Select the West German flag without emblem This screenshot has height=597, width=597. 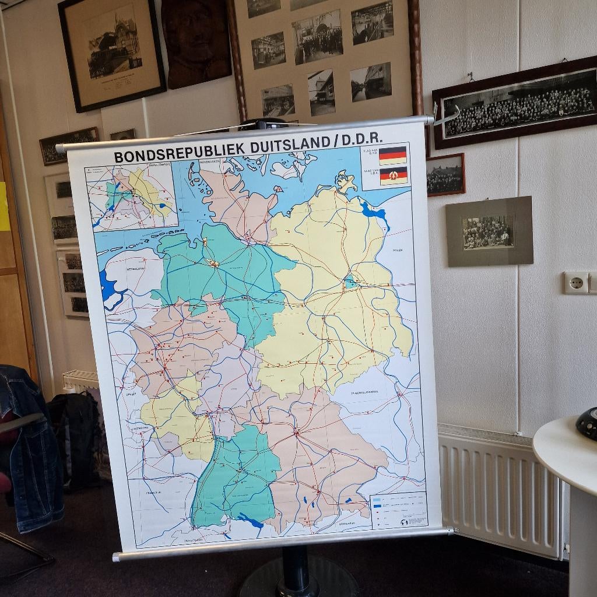click(392, 155)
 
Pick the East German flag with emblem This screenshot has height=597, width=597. click(394, 175)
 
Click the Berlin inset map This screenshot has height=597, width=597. click(131, 197)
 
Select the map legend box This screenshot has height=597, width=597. click(399, 511)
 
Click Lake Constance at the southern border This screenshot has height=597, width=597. click(251, 519)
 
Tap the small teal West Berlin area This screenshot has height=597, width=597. click(350, 283)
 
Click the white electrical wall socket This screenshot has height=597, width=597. click(575, 283)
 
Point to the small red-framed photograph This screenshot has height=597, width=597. click(445, 174)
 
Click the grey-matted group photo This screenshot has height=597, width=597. click(489, 231)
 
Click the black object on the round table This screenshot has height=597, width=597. click(588, 423)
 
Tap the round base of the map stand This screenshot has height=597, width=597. click(298, 580)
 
